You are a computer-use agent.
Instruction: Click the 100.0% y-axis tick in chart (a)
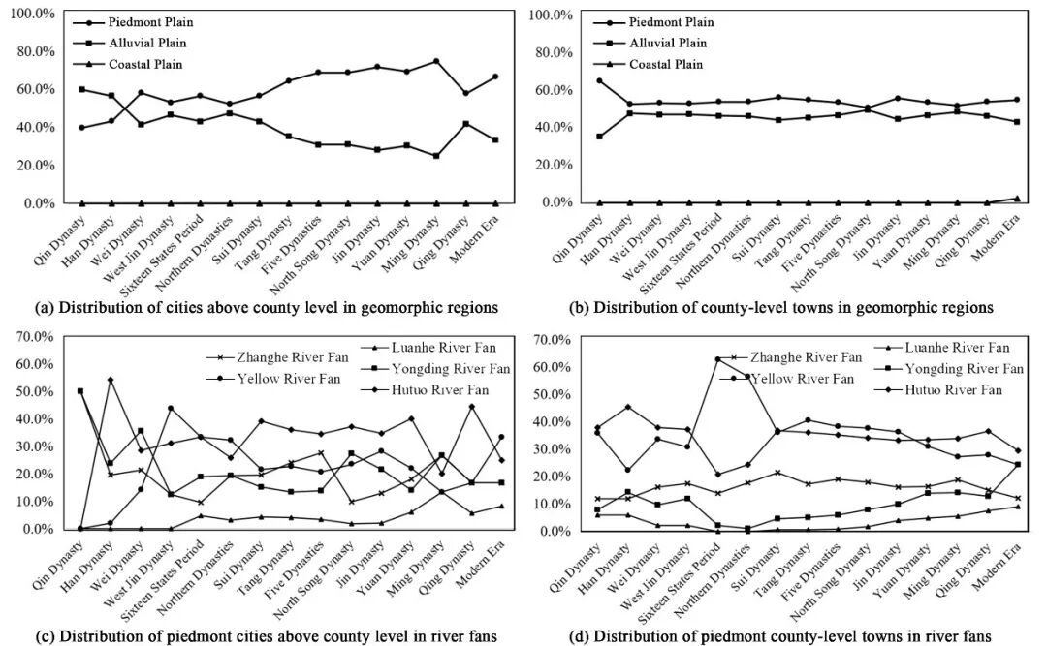click(x=32, y=14)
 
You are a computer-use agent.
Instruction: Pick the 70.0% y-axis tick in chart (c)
click(x=32, y=337)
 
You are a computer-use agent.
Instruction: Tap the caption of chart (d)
click(x=792, y=636)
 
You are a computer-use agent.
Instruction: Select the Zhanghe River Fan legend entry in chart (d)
click(x=804, y=358)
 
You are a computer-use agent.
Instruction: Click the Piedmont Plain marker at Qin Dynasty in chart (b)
click(x=572, y=80)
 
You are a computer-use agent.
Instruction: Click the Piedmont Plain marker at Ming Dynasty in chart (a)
click(x=436, y=61)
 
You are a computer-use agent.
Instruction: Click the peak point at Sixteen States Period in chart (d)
click(x=718, y=359)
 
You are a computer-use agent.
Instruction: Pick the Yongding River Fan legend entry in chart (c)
click(x=451, y=369)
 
